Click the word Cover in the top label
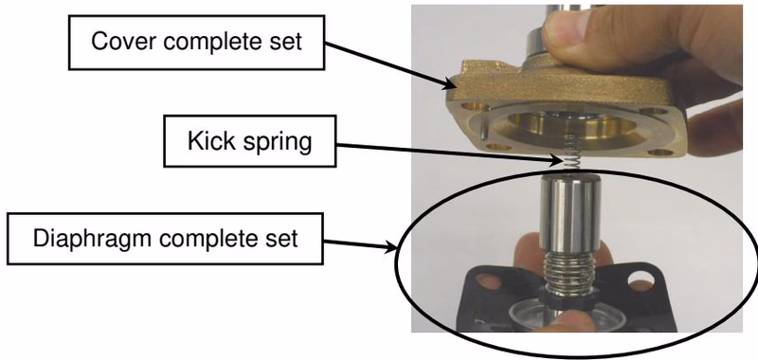tap(124, 41)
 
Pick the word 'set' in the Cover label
tap(286, 42)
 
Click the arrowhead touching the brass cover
tap(450, 84)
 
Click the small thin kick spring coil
tap(572, 153)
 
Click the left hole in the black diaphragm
tap(488, 281)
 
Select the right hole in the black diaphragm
tap(641, 279)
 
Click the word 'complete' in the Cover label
tap(214, 42)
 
